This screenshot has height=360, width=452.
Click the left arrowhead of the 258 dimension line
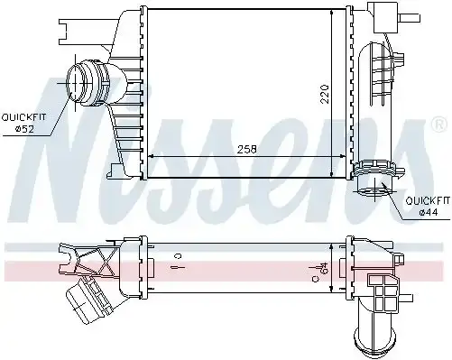coord(149,157)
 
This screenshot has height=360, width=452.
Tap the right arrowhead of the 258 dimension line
coord(344,157)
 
